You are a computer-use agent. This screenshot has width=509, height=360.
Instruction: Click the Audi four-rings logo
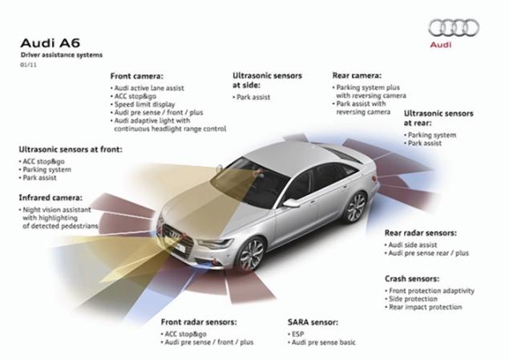click(453, 28)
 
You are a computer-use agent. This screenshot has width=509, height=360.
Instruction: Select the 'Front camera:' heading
click(137, 76)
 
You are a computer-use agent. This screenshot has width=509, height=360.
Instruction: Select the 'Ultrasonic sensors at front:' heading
click(70, 149)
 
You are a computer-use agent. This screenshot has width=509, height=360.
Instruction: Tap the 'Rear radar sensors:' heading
click(421, 233)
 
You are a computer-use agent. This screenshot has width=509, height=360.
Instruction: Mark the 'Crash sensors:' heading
click(411, 279)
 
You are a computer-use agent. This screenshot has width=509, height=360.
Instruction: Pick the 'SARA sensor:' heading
click(313, 322)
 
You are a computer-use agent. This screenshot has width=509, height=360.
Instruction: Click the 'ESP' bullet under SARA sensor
click(297, 332)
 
